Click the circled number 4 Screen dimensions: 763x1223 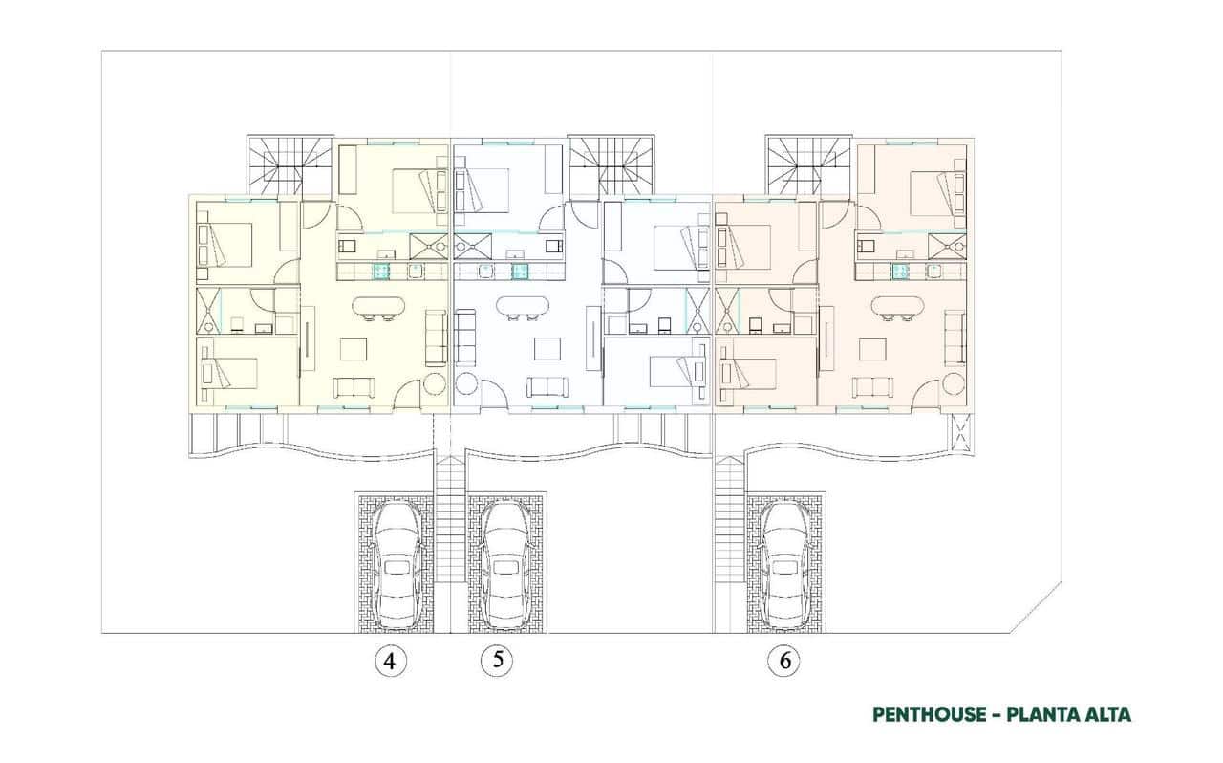coord(389,661)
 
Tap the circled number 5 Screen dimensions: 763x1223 coord(496,661)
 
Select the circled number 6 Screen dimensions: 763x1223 coord(783,661)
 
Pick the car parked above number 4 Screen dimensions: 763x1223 coord(397,564)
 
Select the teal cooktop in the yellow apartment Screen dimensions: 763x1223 coord(382,272)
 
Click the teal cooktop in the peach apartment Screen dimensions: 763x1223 coord(900,272)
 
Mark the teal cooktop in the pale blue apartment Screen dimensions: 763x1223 coord(520,272)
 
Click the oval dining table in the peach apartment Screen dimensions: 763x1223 coord(896,307)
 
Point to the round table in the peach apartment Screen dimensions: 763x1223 coord(953,384)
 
